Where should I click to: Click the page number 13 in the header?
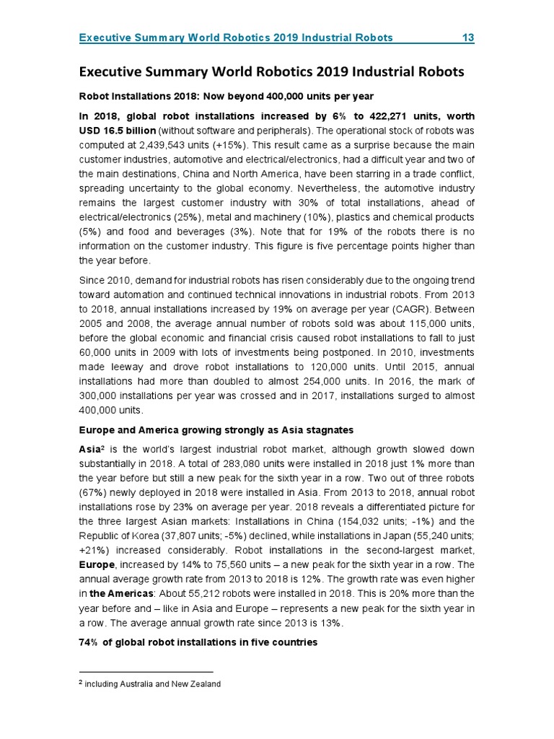coord(467,38)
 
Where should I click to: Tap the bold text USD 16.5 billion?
coord(116,131)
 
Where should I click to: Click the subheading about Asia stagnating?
coord(216,430)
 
